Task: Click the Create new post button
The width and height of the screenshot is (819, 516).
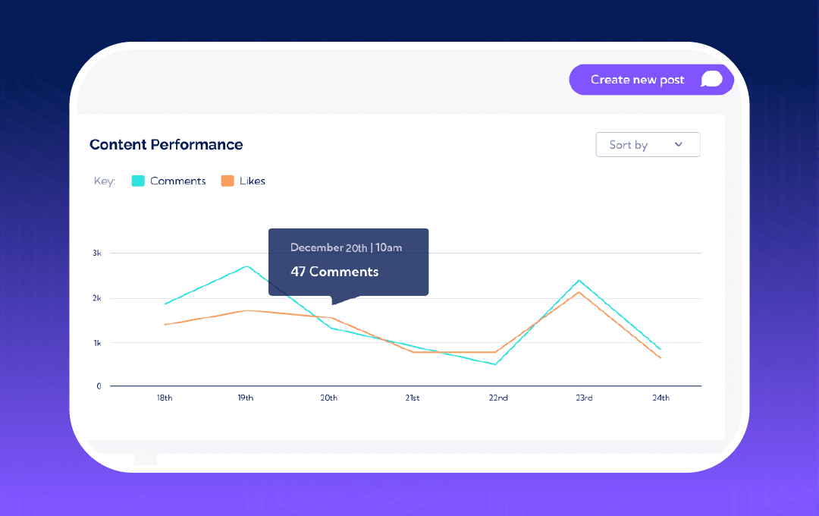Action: point(651,80)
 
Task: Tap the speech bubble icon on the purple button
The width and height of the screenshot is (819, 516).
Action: point(711,80)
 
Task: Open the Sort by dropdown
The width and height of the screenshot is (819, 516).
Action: point(648,144)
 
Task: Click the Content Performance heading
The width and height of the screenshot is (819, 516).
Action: point(166,144)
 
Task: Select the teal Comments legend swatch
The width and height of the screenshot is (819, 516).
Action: point(138,181)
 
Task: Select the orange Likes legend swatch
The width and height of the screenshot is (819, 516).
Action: point(227,181)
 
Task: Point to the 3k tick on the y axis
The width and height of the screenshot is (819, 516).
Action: point(96,253)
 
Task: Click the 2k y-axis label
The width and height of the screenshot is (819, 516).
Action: point(96,298)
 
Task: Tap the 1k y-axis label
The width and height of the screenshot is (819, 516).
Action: point(96,343)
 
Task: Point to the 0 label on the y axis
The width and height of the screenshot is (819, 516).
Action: point(99,386)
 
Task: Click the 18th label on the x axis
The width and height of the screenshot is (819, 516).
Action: point(164,398)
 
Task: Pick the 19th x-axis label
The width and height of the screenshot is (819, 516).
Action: point(245,398)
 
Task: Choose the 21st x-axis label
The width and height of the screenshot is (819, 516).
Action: point(412,398)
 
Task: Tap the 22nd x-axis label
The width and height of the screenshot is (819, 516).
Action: point(497,398)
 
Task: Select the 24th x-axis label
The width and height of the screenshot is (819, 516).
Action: point(661,398)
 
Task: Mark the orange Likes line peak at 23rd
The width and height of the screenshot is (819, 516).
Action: point(579,292)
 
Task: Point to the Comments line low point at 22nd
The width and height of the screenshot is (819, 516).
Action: point(495,364)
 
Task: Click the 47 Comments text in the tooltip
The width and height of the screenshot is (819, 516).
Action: point(334,272)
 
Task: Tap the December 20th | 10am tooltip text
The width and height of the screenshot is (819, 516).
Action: point(346,247)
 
